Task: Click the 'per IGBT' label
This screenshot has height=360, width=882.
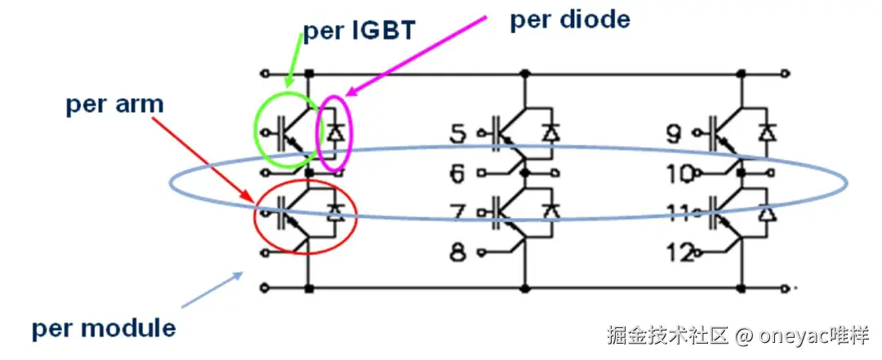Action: pyautogui.click(x=360, y=31)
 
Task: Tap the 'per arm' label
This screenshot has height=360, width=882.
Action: pyautogui.click(x=115, y=104)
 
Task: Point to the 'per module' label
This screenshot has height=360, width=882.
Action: pyautogui.click(x=104, y=328)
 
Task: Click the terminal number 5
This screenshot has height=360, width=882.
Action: pyautogui.click(x=460, y=133)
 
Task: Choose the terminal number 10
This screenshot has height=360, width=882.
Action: pyautogui.click(x=677, y=173)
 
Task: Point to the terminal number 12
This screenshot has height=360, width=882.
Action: pyautogui.click(x=677, y=253)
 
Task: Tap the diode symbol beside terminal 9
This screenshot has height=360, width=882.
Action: pyautogui.click(x=766, y=131)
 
